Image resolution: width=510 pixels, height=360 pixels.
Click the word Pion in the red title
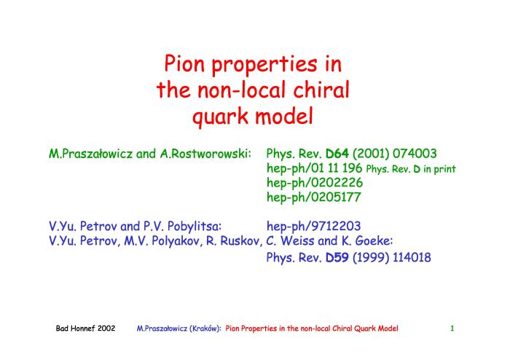184,63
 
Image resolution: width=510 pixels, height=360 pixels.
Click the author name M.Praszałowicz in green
91,154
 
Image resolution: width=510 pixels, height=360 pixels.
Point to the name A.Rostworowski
205,154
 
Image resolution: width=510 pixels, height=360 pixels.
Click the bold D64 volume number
337,153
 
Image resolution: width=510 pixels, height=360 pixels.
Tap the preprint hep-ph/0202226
315,183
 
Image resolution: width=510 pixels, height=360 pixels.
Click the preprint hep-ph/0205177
314,197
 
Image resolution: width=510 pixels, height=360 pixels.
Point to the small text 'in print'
439,169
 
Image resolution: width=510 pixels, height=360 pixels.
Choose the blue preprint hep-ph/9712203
313,227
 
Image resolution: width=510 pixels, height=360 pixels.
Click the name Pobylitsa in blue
195,227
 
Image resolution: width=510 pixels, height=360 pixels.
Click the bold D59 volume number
337,257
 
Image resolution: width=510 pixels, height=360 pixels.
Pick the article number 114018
412,257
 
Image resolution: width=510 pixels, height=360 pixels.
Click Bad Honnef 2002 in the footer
85,329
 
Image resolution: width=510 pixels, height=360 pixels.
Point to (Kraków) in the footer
205,329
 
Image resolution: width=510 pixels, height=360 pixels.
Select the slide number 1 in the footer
452,329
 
